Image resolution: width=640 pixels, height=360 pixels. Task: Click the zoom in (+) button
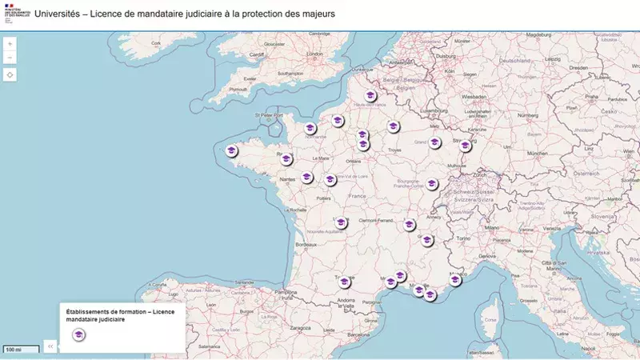pyautogui.click(x=10, y=44)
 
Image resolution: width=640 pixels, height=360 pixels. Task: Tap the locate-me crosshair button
pyautogui.click(x=10, y=74)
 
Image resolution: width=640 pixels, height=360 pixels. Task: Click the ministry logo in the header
pyautogui.click(x=14, y=14)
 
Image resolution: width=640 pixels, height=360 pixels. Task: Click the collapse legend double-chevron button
pyautogui.click(x=50, y=346)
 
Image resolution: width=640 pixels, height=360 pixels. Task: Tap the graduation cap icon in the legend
pyautogui.click(x=78, y=334)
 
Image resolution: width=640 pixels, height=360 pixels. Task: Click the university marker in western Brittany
pyautogui.click(x=232, y=150)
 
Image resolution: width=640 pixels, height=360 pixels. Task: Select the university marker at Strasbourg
pyautogui.click(x=465, y=146)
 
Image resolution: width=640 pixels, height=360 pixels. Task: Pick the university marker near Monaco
pyautogui.click(x=455, y=280)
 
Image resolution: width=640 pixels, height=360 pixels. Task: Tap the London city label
pyautogui.click(x=314, y=54)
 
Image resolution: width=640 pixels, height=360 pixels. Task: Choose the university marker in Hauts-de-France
pyautogui.click(x=370, y=96)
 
